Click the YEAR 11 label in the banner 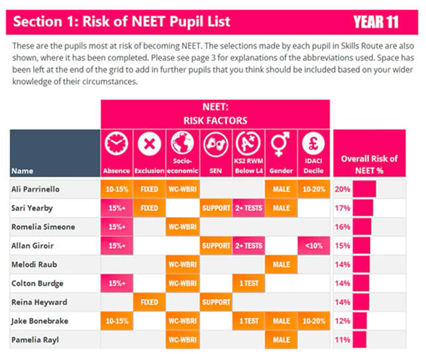point(376,22)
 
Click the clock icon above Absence point(117,144)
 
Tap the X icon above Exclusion point(149,144)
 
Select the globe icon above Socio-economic point(182,143)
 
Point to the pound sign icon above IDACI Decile point(313,144)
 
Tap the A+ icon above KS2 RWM point(248,143)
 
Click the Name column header point(23,171)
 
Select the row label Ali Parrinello point(35,189)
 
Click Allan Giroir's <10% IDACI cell point(314,246)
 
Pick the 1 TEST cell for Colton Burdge point(248,283)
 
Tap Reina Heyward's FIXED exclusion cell point(150,302)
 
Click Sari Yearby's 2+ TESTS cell point(248,208)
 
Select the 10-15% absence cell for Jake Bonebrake point(117,321)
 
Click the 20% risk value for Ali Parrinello point(343,189)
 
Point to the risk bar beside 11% point(360,339)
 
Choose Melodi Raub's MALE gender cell point(281,265)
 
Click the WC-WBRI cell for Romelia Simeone point(183,227)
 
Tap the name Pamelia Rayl point(35,340)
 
